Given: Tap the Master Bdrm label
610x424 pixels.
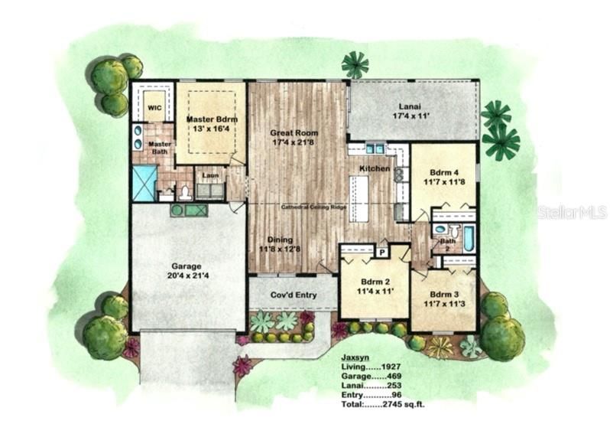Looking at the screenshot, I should click(212, 119).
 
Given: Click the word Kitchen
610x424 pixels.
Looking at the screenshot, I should click(375, 168).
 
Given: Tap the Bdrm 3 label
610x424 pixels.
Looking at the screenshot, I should click(444, 294).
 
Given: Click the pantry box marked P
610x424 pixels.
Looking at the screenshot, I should click(380, 251).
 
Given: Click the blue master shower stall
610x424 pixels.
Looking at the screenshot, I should click(144, 183).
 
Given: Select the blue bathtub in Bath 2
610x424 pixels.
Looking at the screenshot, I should click(468, 238).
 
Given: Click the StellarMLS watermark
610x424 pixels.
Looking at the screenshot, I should click(572, 212).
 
